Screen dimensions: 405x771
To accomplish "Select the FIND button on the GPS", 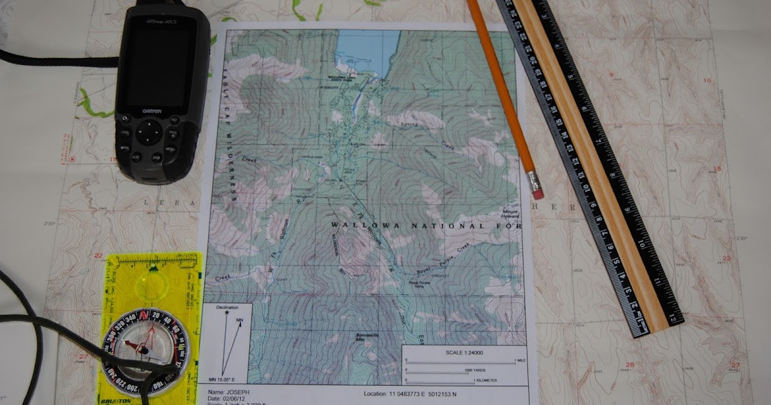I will (125, 134).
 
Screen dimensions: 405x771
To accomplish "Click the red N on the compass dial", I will (145, 316).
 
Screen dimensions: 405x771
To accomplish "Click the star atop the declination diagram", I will (227, 313).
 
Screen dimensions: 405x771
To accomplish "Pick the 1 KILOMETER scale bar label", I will (494, 381).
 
